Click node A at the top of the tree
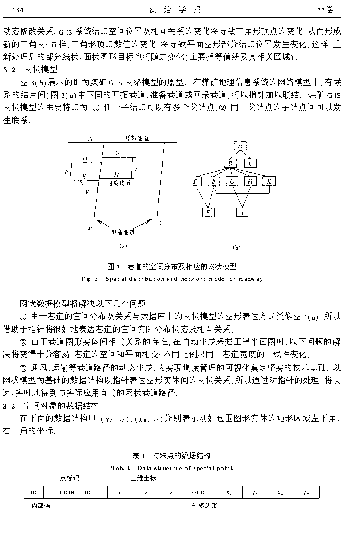click(x=240, y=146)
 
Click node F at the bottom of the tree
click(x=208, y=212)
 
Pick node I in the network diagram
click(x=243, y=212)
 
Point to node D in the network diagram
click(x=196, y=181)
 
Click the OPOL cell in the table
click(x=197, y=493)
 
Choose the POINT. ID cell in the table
click(x=75, y=493)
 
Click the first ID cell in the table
click(x=34, y=493)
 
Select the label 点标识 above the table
click(x=70, y=478)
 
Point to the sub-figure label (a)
click(x=123, y=246)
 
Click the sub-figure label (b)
click(x=237, y=247)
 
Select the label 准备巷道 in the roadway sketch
click(x=123, y=232)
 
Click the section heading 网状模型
click(x=41, y=69)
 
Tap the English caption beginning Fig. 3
click(x=172, y=279)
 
